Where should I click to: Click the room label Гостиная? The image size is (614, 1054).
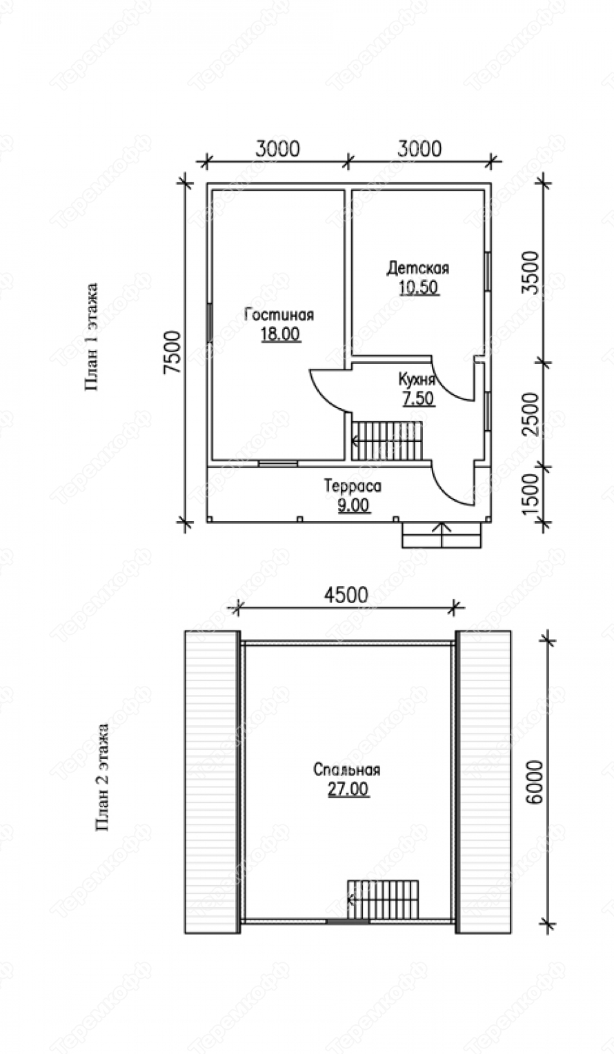tap(279, 314)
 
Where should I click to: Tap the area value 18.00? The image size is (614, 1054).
tap(281, 334)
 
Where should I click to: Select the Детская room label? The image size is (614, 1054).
tap(418, 267)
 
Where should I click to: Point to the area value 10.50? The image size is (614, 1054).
tap(419, 287)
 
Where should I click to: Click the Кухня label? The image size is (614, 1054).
tap(417, 378)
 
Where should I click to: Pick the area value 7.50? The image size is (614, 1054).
tap(417, 398)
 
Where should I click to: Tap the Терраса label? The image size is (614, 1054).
tap(353, 485)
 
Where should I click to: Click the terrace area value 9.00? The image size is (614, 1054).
tap(353, 505)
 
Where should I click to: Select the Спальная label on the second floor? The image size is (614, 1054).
tap(346, 769)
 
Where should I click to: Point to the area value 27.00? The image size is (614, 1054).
tap(348, 789)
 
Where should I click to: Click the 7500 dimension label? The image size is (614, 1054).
tap(172, 352)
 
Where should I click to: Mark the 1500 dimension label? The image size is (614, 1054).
tap(530, 494)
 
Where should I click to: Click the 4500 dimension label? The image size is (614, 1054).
tap(346, 595)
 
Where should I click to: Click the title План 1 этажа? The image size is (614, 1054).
tap(92, 336)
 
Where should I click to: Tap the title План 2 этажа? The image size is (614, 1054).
tap(103, 776)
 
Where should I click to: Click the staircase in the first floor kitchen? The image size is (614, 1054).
tap(387, 441)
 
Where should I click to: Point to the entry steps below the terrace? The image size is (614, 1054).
tap(442, 535)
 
